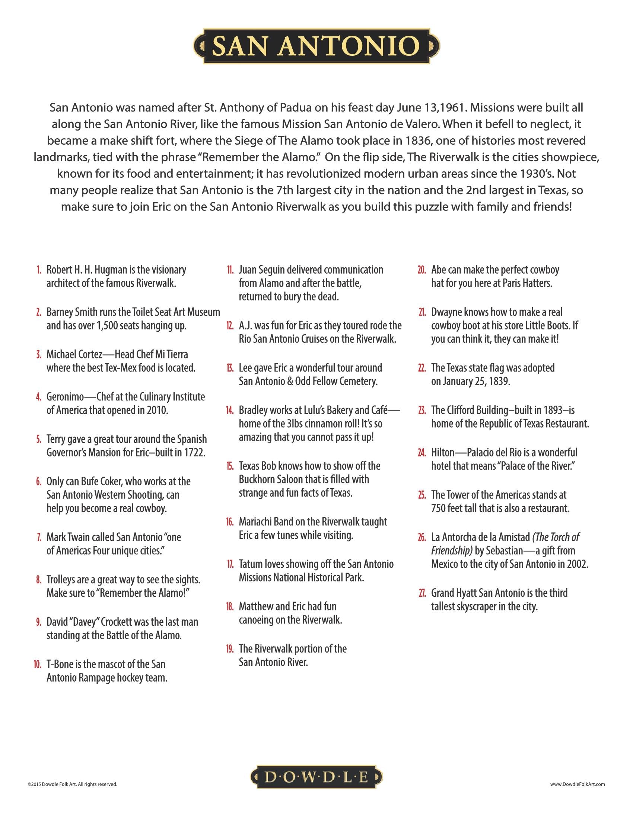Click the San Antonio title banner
click(x=316, y=46)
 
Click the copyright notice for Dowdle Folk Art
click(x=72, y=784)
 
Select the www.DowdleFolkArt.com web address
click(x=578, y=784)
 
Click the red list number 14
click(x=229, y=410)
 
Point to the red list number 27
click(x=422, y=593)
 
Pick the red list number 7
click(x=39, y=537)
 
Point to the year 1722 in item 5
click(x=194, y=453)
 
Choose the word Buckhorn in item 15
click(x=258, y=479)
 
